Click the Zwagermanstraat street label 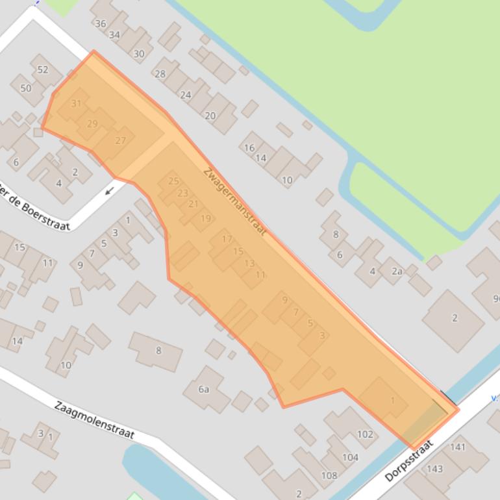[x=234, y=202]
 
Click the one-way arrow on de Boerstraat [x=110, y=191]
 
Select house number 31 [x=77, y=104]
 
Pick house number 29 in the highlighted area [x=92, y=124]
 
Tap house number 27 [x=121, y=140]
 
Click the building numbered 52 [x=43, y=70]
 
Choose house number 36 [x=100, y=24]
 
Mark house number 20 [x=210, y=116]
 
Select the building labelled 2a [x=396, y=271]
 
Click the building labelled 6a [x=204, y=389]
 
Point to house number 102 [x=365, y=434]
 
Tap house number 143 [x=434, y=469]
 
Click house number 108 [x=329, y=475]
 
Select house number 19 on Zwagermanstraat [x=206, y=219]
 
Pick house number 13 [x=250, y=264]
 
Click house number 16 [x=249, y=147]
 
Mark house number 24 [x=186, y=95]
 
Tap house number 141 [x=458, y=447]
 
